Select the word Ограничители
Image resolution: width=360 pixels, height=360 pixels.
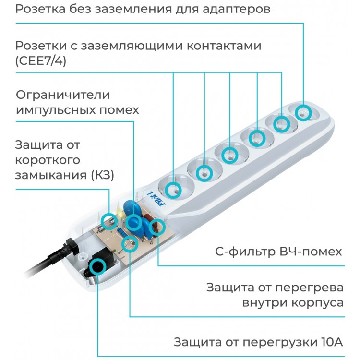pyautogui.click(x=63, y=95)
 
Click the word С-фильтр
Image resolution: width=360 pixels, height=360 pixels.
pyautogui.click(x=239, y=252)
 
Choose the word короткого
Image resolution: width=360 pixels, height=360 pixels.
pyautogui.click(x=48, y=160)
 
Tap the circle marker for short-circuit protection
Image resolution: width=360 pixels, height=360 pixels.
pyautogui.click(x=109, y=219)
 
